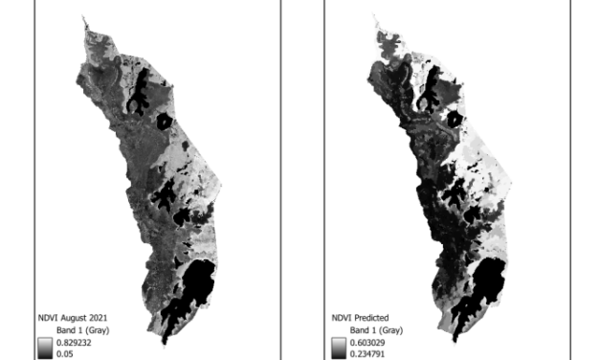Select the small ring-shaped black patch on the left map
click(x=164, y=122)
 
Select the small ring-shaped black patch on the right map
click(x=454, y=122)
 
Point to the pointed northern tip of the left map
click(x=84, y=16)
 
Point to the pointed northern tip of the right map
click(x=374, y=16)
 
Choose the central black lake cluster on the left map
click(x=165, y=199)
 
